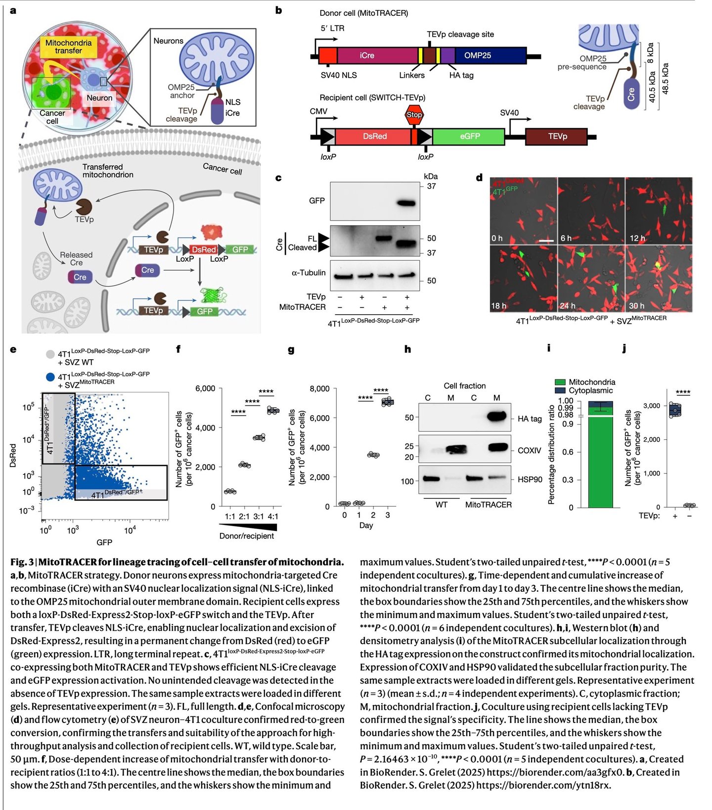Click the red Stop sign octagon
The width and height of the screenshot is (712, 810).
coord(414,115)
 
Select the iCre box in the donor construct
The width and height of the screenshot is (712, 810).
coord(367,55)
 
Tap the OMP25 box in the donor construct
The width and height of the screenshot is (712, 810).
coord(478,55)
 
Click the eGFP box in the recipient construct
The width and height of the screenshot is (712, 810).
coord(469,136)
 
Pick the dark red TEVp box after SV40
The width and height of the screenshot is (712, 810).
coord(557,136)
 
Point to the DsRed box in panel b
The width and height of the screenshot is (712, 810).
coord(374,136)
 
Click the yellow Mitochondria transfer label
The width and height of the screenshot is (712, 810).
coord(68,47)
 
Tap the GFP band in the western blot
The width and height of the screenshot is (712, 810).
coord(407,202)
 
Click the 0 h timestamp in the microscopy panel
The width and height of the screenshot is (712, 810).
coord(497,238)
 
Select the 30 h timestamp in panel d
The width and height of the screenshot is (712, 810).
coord(636,306)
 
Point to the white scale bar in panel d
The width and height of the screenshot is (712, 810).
coord(546,241)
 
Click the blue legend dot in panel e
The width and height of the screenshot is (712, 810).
coord(50,377)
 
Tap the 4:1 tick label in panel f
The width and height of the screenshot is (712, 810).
coord(273,517)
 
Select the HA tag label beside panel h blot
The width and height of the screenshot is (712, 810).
coord(530,419)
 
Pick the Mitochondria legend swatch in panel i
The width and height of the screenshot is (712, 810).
coord(560,382)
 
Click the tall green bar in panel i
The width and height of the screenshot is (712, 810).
coord(600,460)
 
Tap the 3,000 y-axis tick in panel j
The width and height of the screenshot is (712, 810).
coord(651,406)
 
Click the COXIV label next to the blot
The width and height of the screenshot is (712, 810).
coord(529,451)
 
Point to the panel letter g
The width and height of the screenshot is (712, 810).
coord(291,350)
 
